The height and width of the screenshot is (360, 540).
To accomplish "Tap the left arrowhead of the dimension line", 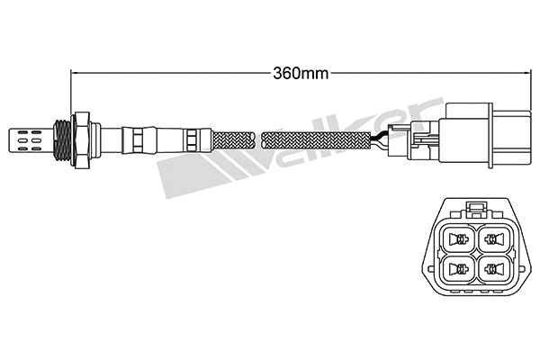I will (75, 71).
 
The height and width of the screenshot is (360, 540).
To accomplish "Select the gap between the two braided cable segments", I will (258, 140).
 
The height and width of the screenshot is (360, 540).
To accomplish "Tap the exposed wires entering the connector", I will (386, 140).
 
